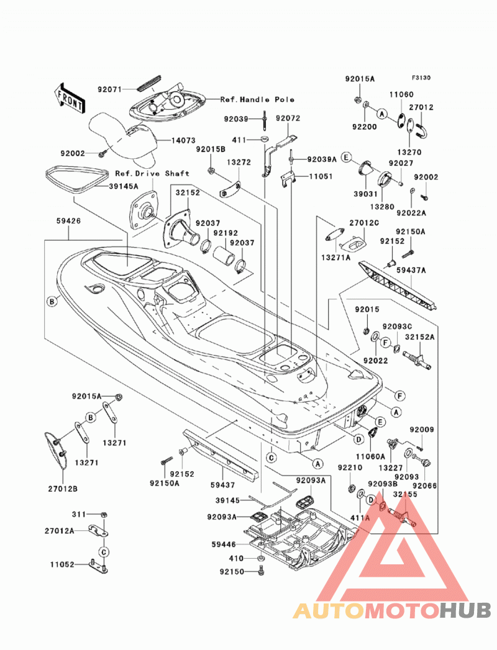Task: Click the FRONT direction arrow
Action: (70, 99)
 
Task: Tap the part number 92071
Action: (110, 89)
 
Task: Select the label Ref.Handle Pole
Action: (257, 99)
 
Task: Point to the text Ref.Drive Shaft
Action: (152, 173)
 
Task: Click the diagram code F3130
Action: (421, 78)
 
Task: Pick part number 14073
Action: (183, 140)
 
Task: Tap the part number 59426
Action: (68, 221)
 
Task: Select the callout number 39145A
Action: (124, 186)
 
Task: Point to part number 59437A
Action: (411, 270)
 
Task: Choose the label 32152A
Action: (420, 337)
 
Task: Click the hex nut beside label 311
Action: (104, 515)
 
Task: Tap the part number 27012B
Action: (62, 489)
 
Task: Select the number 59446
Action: (224, 544)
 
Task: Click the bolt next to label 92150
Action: (261, 571)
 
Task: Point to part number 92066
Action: (425, 485)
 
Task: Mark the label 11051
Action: (321, 176)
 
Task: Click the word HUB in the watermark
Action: (465, 610)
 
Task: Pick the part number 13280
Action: (382, 207)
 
